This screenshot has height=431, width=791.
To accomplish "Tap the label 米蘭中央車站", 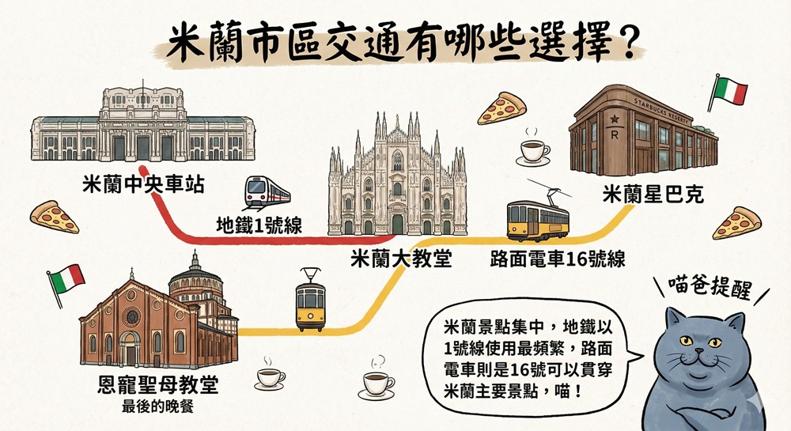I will (x=143, y=187).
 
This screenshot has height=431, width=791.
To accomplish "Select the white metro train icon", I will (x=267, y=191).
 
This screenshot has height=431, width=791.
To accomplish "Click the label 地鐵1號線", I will (x=259, y=225).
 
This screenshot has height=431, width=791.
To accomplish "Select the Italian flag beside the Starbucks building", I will (x=729, y=93).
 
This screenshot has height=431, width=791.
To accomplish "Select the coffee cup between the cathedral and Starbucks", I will (x=534, y=150).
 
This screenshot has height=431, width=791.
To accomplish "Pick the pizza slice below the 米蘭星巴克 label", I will (x=736, y=224).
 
